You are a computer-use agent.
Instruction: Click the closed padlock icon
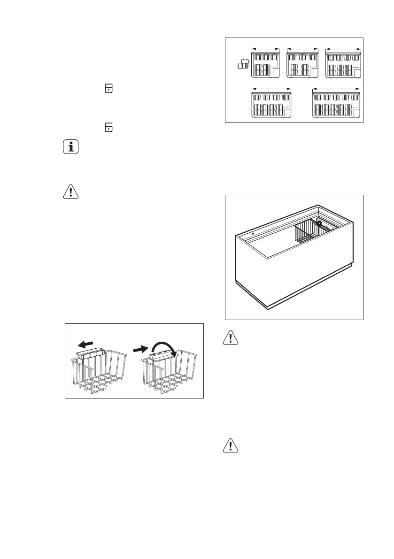[x=108, y=88]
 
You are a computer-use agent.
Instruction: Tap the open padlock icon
[x=108, y=126]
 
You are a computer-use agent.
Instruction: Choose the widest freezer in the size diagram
[x=337, y=105]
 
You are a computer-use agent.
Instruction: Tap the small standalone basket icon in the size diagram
[x=243, y=64]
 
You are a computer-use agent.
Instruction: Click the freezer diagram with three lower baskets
[x=343, y=64]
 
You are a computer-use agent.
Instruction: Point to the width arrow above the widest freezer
[x=337, y=88]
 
